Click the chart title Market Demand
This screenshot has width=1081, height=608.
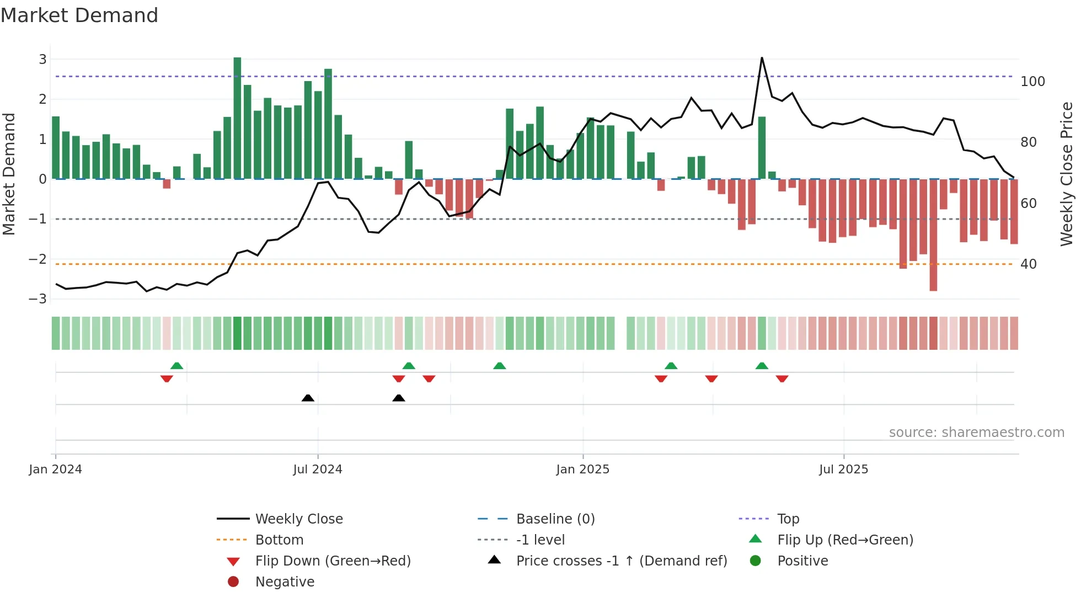pyautogui.click(x=79, y=15)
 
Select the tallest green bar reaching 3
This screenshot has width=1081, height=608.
pyautogui.click(x=237, y=118)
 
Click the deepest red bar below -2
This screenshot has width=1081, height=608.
pyautogui.click(x=933, y=234)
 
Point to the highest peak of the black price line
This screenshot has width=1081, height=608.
pyautogui.click(x=762, y=58)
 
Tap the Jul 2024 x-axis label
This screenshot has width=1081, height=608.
pyautogui.click(x=318, y=470)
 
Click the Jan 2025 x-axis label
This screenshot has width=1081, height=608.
pyautogui.click(x=583, y=470)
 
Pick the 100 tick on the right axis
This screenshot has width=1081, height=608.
pyautogui.click(x=1032, y=82)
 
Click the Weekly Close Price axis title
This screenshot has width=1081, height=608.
pyautogui.click(x=1067, y=174)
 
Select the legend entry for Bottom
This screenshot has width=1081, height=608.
pyautogui.click(x=279, y=540)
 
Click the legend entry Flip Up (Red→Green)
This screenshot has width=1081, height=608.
pyautogui.click(x=845, y=540)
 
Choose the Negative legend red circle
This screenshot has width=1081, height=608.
pyautogui.click(x=233, y=582)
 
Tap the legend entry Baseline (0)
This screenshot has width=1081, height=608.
pyautogui.click(x=555, y=519)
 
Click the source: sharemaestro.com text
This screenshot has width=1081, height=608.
pyautogui.click(x=976, y=433)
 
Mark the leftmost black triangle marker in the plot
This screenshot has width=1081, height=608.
pyautogui.click(x=308, y=398)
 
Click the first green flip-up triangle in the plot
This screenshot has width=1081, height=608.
pyautogui.click(x=176, y=366)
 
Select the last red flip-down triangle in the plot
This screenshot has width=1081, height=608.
pyautogui.click(x=782, y=379)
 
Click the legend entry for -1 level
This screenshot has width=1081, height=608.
pyautogui.click(x=540, y=540)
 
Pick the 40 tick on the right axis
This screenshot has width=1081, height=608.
pyautogui.click(x=1029, y=264)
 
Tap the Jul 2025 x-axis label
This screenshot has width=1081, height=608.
pyautogui.click(x=843, y=470)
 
